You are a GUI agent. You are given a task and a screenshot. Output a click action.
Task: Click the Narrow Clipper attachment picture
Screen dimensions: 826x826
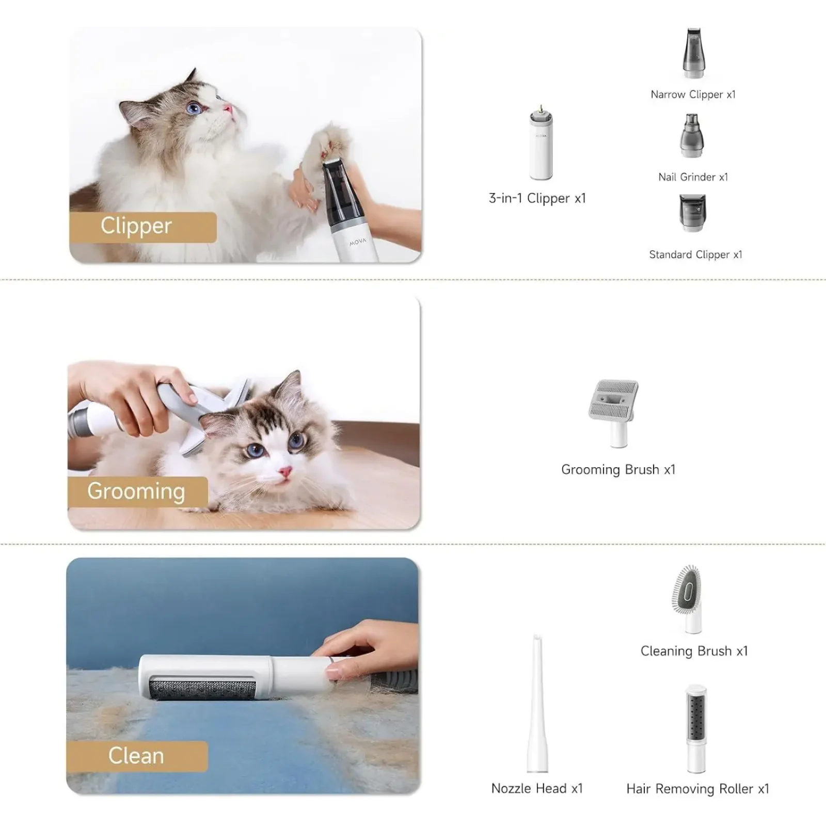[693, 53]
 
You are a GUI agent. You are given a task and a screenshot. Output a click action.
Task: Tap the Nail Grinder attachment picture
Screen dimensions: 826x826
[692, 135]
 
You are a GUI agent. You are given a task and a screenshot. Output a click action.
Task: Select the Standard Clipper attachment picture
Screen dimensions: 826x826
[692, 213]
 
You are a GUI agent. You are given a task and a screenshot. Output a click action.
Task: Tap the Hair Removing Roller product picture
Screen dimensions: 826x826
[695, 729]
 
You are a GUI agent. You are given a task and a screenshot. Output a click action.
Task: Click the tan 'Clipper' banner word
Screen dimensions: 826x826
[136, 226]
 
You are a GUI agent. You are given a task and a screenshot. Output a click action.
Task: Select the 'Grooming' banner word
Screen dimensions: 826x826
[136, 491]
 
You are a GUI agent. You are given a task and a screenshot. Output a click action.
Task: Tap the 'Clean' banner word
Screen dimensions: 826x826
[136, 756]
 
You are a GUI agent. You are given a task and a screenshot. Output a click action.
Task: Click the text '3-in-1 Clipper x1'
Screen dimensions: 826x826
[537, 198]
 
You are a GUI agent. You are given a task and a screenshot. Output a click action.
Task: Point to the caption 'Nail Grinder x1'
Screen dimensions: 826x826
[693, 177]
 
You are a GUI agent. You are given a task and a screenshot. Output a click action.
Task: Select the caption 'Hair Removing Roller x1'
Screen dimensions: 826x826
[697, 789]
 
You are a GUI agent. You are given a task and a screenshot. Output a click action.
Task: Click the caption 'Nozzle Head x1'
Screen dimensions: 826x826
[537, 788]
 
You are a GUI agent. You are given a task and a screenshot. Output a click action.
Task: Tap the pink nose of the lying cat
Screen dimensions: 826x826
[285, 471]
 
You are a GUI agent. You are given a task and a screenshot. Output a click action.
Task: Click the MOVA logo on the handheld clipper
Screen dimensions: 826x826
[357, 242]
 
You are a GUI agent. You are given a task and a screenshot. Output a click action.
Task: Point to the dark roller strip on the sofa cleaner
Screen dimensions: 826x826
[202, 689]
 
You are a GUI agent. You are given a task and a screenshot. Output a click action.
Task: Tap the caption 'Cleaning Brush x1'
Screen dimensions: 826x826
[694, 651]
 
